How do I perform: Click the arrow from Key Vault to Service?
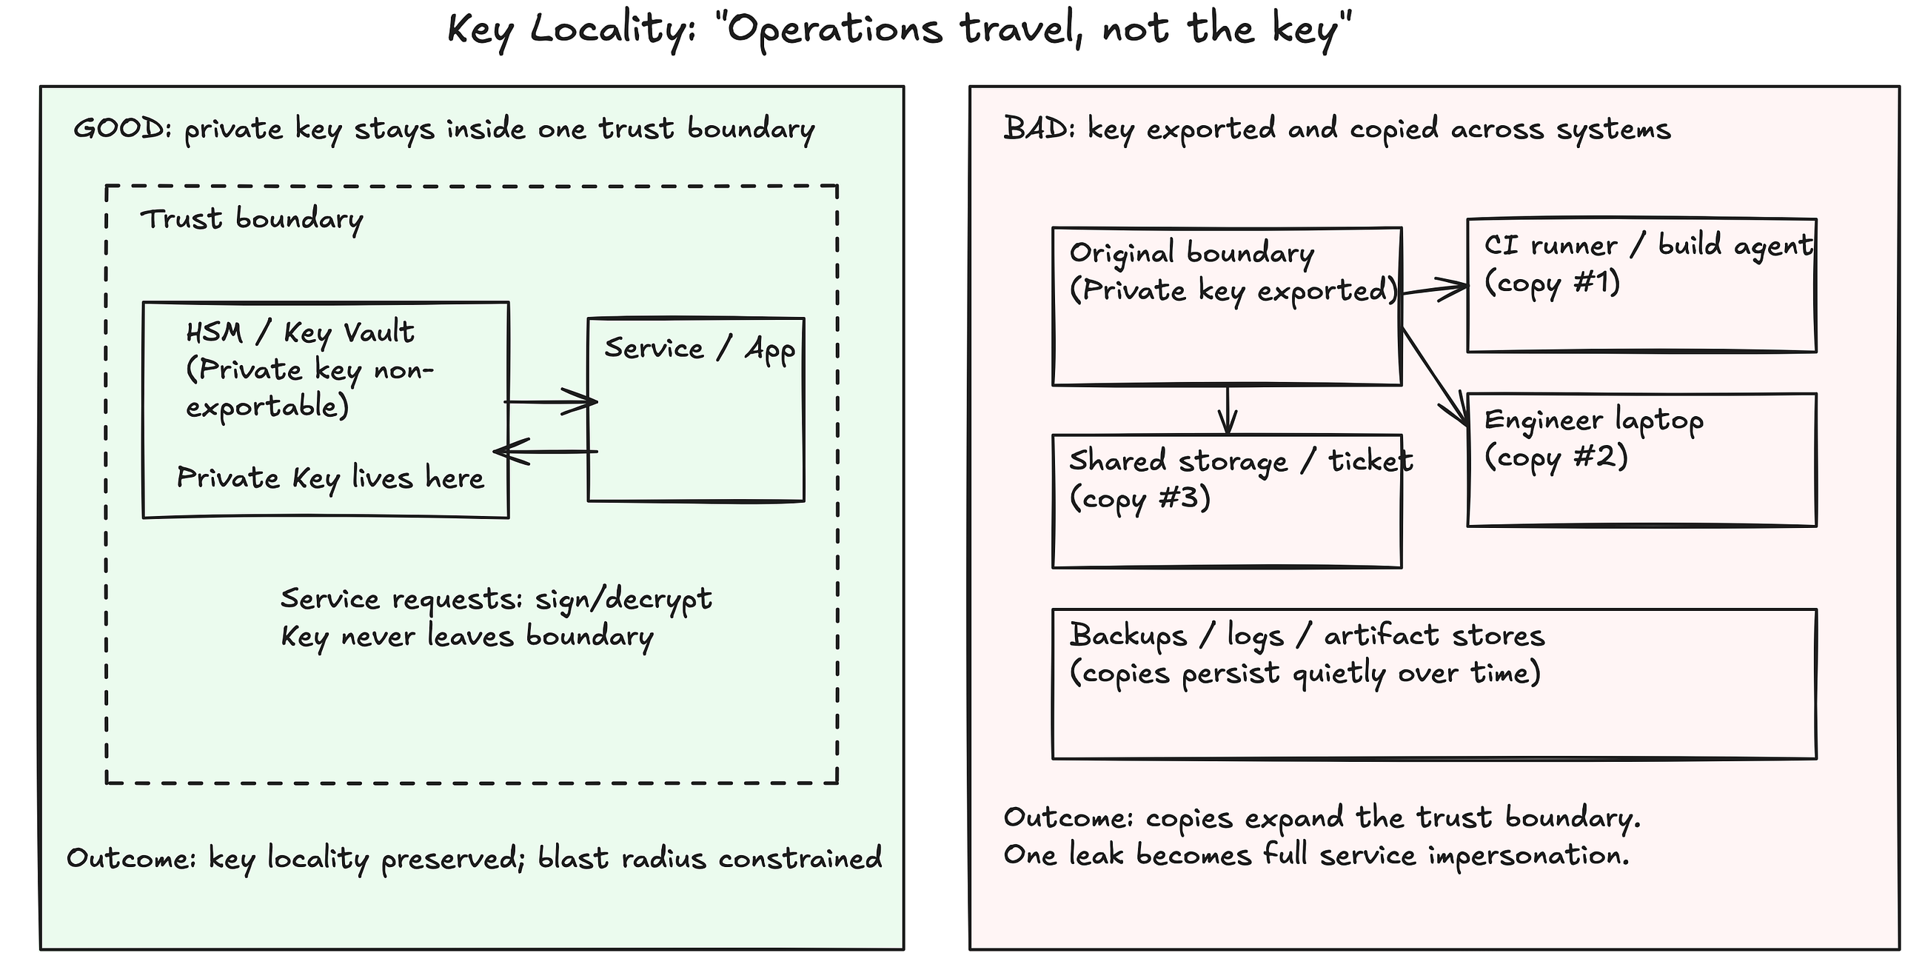551,402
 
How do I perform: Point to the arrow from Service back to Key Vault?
546,452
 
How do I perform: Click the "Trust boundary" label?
252,220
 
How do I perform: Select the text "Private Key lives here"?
330,478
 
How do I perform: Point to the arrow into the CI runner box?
1434,290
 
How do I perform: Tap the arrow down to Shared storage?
1227,409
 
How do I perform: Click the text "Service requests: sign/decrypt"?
496,599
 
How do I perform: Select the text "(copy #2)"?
1556,457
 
